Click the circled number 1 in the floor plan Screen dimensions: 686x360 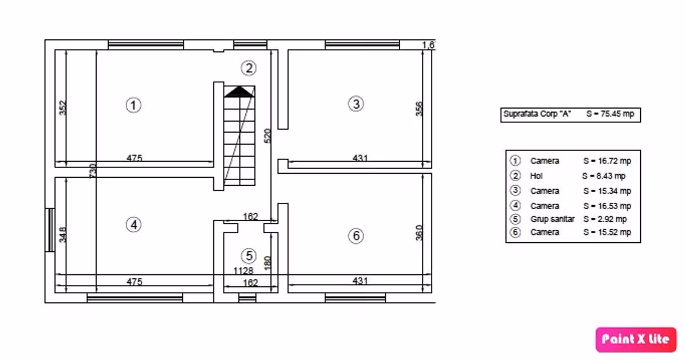tap(134, 105)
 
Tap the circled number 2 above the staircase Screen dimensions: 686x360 tap(249, 68)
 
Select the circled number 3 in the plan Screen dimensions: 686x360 tap(356, 104)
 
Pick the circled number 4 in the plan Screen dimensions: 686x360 tap(134, 225)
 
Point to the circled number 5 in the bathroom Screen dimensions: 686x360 tap(249, 256)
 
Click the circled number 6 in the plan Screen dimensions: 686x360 tap(356, 235)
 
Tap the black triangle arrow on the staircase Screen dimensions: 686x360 tap(239, 92)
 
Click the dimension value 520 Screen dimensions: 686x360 tap(268, 136)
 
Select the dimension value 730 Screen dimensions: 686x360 tap(93, 171)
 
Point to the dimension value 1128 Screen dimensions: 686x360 tap(244, 271)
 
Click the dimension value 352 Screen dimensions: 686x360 tap(62, 108)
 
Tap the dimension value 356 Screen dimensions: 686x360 tap(419, 109)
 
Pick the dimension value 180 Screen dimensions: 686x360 tap(268, 263)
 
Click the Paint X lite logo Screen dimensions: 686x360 tap(636, 339)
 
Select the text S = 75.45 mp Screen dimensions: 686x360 tap(610, 114)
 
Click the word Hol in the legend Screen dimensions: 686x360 tap(536, 176)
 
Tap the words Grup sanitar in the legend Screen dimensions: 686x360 tap(552, 219)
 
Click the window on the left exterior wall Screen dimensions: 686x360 tap(50, 230)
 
